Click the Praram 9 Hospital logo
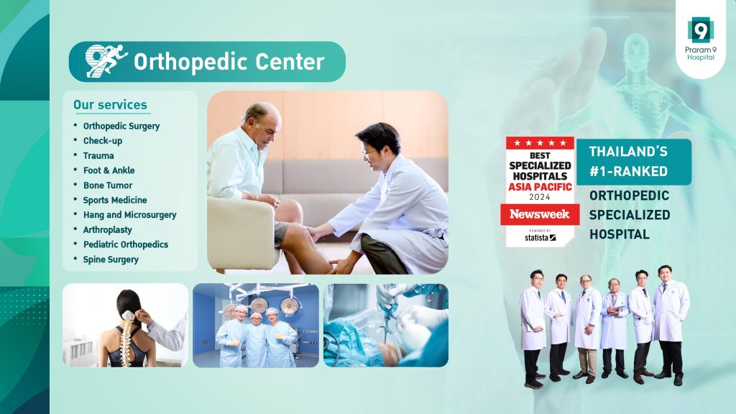pos(700,39)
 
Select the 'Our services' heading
pos(110,105)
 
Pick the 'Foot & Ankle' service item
pos(109,170)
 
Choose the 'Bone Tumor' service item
pos(108,185)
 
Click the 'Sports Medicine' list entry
pos(115,200)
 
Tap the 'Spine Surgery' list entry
pos(111,259)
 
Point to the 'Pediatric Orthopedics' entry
pos(126,244)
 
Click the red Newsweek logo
pos(539,214)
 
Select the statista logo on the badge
pos(540,237)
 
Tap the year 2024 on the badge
pos(540,197)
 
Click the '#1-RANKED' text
pos(628,171)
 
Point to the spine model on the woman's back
pos(126,337)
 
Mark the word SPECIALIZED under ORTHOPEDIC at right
pos(630,214)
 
